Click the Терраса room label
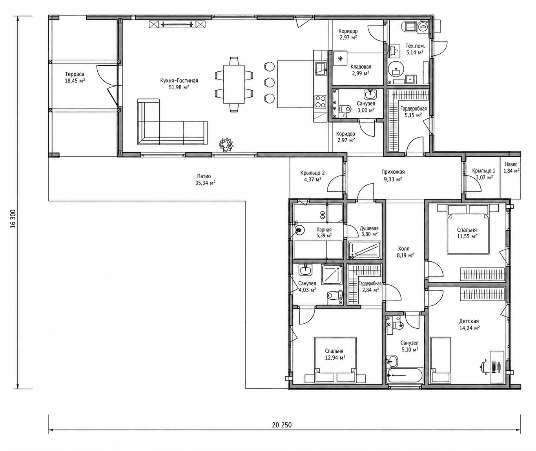[x=75, y=74]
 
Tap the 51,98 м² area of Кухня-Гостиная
[x=179, y=87]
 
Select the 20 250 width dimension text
[x=282, y=425]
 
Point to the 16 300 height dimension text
[x=13, y=219]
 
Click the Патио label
[x=204, y=176]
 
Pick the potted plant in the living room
[x=226, y=145]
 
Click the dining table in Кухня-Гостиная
[x=233, y=84]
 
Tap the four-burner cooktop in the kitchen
[x=320, y=101]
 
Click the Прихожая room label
[x=393, y=172]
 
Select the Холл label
[x=404, y=249]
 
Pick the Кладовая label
[x=361, y=67]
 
